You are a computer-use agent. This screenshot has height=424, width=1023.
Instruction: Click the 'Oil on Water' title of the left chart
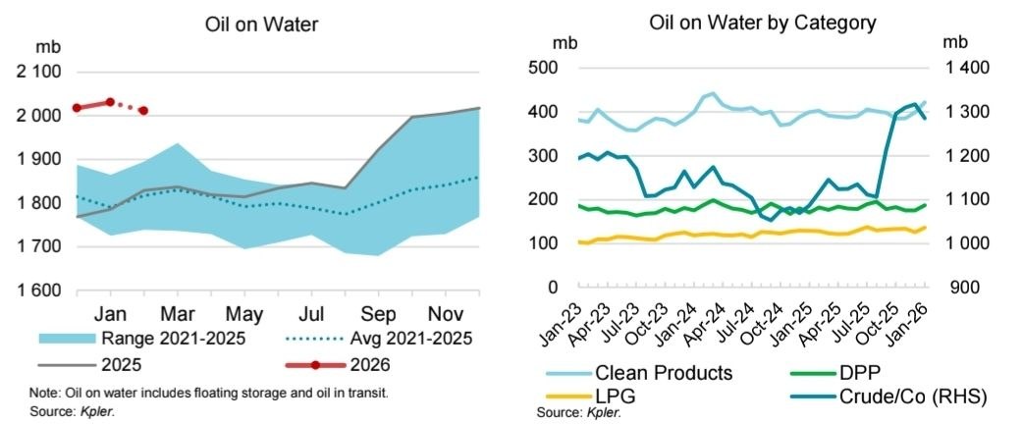(263, 24)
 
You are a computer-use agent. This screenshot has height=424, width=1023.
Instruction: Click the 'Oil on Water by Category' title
(763, 22)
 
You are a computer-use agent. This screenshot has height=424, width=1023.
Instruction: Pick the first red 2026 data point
(77, 108)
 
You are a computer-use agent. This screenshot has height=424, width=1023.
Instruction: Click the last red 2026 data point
(143, 111)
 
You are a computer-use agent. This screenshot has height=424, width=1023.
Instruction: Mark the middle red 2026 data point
(110, 102)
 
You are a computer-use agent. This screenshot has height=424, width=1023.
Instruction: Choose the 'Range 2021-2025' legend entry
(173, 339)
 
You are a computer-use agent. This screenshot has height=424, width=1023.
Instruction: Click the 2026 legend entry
(369, 366)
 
